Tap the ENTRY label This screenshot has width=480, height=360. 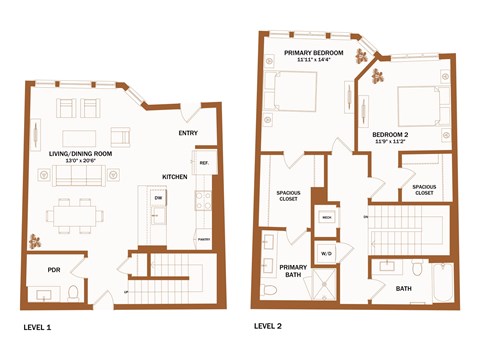(188, 133)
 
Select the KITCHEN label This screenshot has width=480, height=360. (176, 177)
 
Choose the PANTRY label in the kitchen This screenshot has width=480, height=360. (202, 240)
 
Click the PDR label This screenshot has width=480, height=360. (41, 269)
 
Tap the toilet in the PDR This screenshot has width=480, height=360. (73, 292)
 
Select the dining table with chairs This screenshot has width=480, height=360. (75, 214)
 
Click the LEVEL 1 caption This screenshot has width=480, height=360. (36, 327)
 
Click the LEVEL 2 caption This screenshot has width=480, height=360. (269, 326)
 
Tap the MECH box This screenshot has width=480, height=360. (326, 217)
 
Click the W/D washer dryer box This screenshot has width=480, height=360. (326, 252)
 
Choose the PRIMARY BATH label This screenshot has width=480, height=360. (293, 270)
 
